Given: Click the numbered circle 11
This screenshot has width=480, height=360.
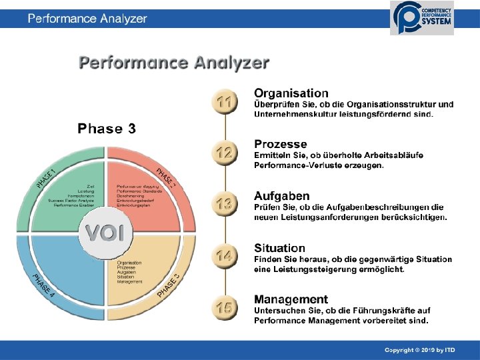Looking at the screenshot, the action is click(x=225, y=102).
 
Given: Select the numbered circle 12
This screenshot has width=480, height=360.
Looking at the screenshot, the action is click(x=225, y=153).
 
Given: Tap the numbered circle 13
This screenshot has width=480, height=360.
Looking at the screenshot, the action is click(x=225, y=204).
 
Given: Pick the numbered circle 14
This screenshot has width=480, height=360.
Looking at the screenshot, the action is click(x=225, y=255).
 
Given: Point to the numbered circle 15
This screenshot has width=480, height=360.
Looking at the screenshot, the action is click(x=225, y=307).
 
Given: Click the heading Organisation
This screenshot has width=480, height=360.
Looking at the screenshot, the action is click(x=291, y=93).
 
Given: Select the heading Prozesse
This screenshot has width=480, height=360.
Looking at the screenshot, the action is click(x=280, y=144).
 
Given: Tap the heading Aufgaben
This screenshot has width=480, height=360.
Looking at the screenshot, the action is click(x=281, y=196).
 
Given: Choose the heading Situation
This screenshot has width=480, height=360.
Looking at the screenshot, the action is click(x=279, y=248).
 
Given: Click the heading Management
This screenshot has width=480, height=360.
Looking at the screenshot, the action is click(x=291, y=299).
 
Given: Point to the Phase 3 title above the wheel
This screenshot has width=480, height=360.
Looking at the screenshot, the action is click(x=107, y=129).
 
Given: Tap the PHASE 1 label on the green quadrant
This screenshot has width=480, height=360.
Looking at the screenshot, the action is click(x=46, y=177).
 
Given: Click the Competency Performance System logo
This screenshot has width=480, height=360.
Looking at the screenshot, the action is click(x=421, y=17).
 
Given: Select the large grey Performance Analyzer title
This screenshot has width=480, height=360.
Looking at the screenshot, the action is click(x=174, y=63).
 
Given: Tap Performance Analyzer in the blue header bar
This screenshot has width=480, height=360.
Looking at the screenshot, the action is click(x=87, y=19).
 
